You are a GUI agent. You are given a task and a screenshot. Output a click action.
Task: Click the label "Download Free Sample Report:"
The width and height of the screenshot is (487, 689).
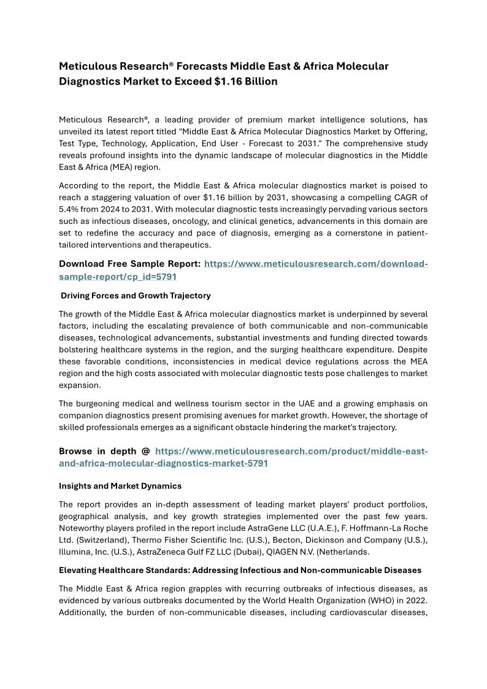(129, 264)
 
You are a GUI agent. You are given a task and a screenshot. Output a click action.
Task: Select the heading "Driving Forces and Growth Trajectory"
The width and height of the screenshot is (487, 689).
(136, 296)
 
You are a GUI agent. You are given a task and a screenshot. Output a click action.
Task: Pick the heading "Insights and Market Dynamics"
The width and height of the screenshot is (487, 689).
(120, 486)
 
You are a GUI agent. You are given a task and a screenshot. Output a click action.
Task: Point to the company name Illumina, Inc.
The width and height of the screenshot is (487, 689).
(86, 551)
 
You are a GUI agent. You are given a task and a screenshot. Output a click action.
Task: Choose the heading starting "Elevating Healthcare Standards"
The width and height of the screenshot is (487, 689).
(240, 570)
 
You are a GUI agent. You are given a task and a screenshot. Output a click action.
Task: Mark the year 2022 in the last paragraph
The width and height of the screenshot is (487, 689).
(416, 600)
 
